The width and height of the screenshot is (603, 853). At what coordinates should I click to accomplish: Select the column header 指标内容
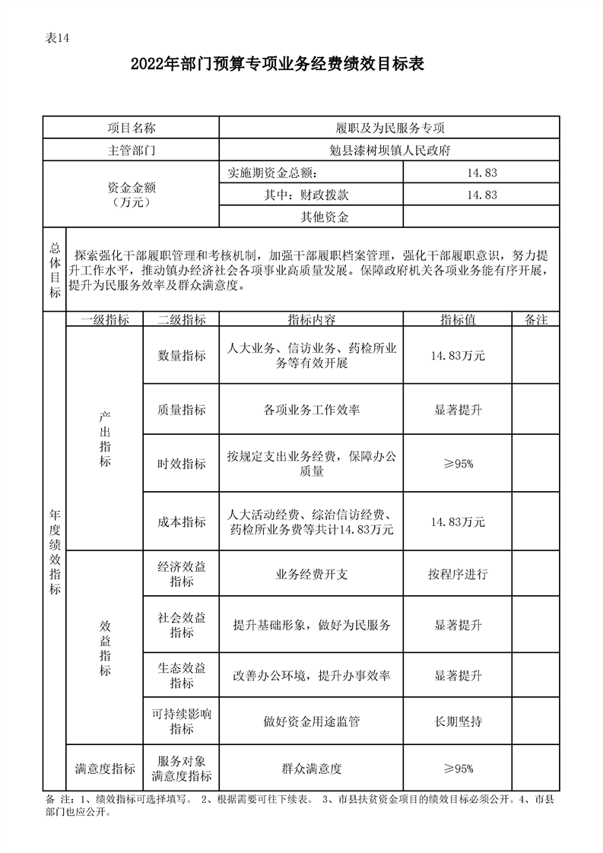point(311,320)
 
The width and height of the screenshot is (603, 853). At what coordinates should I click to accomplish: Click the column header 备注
point(536,320)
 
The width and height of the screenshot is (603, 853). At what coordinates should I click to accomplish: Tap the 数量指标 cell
point(181,355)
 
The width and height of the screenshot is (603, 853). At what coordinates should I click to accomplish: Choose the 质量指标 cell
point(181,410)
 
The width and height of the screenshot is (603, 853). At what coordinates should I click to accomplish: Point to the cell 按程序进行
point(458,574)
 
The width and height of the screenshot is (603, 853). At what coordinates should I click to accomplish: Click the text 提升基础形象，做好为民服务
point(311,625)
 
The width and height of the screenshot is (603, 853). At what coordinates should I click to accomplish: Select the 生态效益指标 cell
point(181,675)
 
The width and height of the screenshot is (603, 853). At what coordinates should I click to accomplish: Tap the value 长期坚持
point(458,721)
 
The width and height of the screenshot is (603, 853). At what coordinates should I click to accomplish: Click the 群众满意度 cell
point(311,768)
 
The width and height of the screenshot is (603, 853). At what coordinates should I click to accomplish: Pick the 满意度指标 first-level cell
point(105,768)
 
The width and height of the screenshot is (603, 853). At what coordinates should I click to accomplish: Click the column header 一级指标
point(105,320)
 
